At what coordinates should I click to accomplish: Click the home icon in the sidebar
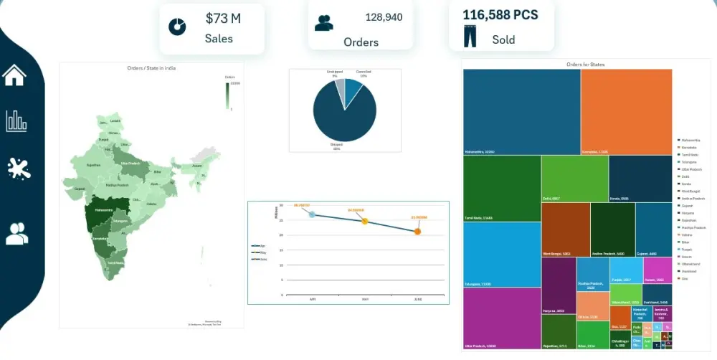(14, 74)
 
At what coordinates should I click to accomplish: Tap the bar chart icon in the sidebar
(16, 121)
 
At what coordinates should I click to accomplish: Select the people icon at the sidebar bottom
(16, 233)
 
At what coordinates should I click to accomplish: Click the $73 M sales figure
(223, 19)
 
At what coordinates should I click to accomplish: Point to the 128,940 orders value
(384, 17)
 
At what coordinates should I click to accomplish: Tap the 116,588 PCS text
(500, 15)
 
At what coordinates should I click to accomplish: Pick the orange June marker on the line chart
(417, 231)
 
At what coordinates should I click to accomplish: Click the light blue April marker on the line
(312, 214)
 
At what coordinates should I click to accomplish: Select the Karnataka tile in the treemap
(625, 111)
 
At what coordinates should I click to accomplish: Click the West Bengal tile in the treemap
(565, 229)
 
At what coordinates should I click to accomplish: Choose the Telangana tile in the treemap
(501, 254)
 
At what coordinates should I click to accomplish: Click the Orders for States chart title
(585, 65)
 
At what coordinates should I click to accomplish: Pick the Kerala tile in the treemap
(640, 178)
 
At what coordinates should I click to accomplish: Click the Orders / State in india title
(151, 68)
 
